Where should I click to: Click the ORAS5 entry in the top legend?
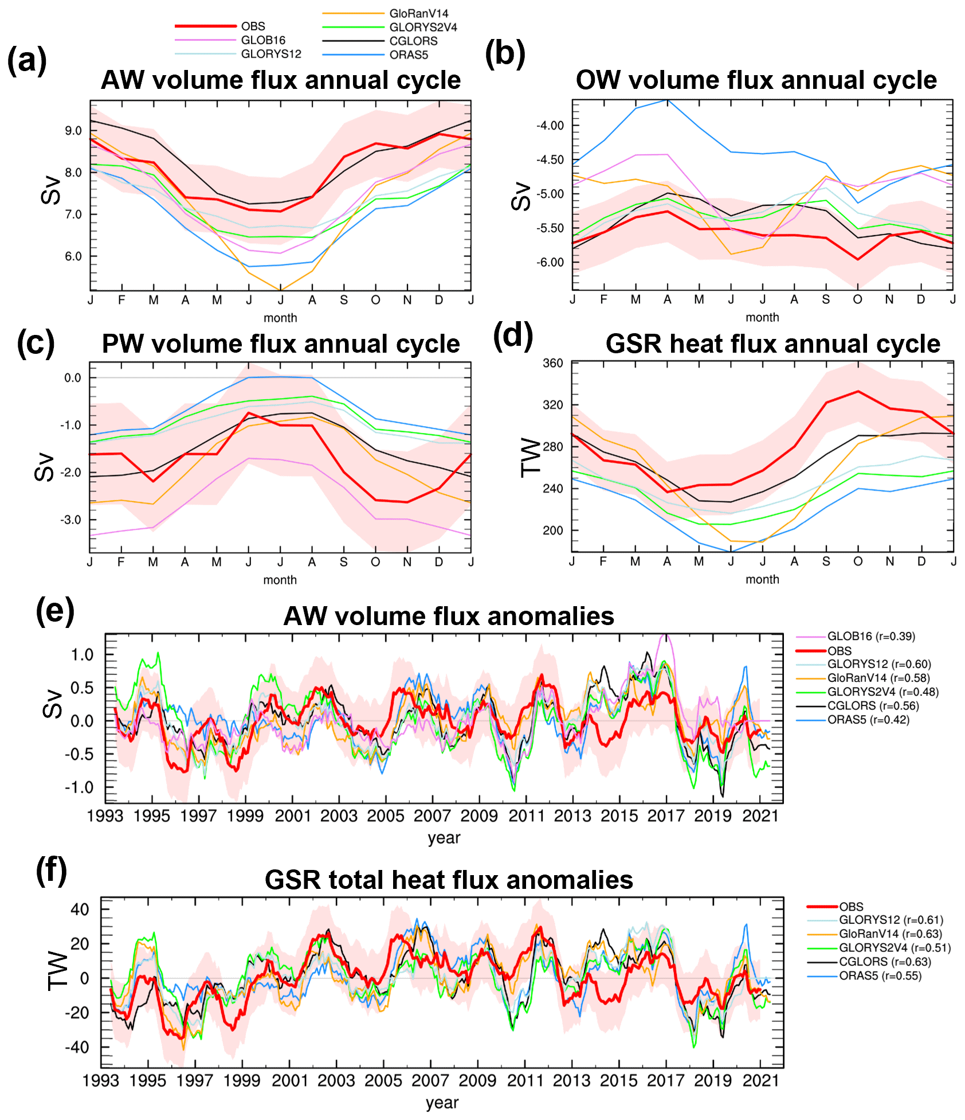409,55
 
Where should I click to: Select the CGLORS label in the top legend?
413,41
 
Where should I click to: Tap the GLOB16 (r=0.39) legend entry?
870,636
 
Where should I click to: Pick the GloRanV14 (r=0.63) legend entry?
890,934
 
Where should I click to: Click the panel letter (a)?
26,60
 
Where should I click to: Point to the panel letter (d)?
512,337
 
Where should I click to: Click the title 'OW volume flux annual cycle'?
756,80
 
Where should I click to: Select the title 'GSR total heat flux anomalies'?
449,880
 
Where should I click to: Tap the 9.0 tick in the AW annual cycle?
73,131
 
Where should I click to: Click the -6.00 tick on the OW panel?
550,263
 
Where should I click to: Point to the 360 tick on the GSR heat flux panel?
553,363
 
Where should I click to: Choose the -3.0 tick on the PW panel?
72,520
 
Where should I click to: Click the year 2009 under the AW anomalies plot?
479,816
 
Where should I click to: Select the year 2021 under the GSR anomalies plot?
760,1081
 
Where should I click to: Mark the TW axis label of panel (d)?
531,457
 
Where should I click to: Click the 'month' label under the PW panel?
280,580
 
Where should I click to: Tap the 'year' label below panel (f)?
442,1103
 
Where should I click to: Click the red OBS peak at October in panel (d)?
858,392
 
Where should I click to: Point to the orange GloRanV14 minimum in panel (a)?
280,290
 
